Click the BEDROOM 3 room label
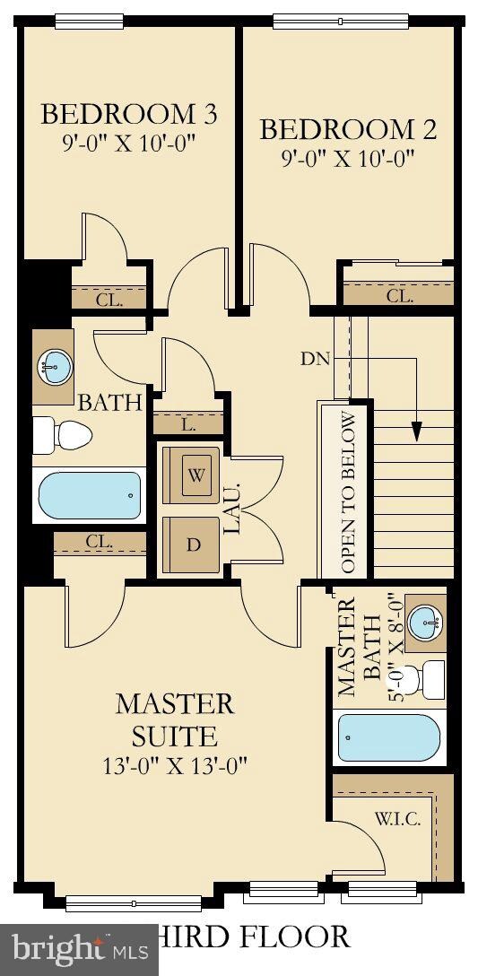[x=129, y=114]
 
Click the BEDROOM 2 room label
[x=348, y=129]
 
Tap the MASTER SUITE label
[x=175, y=719]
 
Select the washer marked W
[x=192, y=475]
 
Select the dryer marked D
[x=192, y=545]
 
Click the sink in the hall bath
[x=54, y=367]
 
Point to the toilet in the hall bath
[x=62, y=435]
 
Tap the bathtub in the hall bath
[x=90, y=495]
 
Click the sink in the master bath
[x=425, y=623]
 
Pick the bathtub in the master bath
[x=389, y=737]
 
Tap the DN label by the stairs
[x=314, y=359]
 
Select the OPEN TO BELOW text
[x=348, y=492]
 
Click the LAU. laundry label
[x=233, y=510]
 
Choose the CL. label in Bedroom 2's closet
[x=399, y=296]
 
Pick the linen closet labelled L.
[x=188, y=426]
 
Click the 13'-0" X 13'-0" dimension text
[x=175, y=765]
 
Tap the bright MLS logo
[x=80, y=950]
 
